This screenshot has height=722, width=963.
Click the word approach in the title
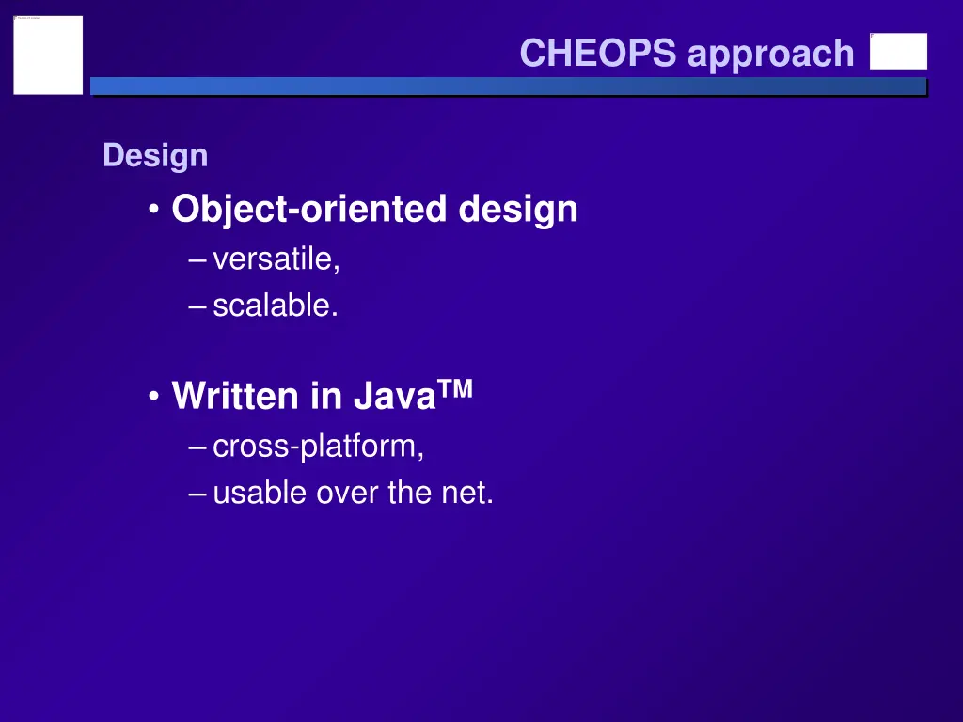point(770,55)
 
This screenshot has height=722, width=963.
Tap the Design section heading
point(155,156)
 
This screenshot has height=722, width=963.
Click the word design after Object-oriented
point(518,209)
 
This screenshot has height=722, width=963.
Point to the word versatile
point(275,259)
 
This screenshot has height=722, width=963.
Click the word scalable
point(274,306)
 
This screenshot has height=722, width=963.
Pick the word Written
point(234,397)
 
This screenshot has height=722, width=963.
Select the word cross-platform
point(318,447)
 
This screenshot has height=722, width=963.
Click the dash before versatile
point(197,260)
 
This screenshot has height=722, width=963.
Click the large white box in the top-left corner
point(48,55)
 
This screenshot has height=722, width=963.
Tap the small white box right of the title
point(898,52)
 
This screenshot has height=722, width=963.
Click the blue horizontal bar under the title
point(508,86)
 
